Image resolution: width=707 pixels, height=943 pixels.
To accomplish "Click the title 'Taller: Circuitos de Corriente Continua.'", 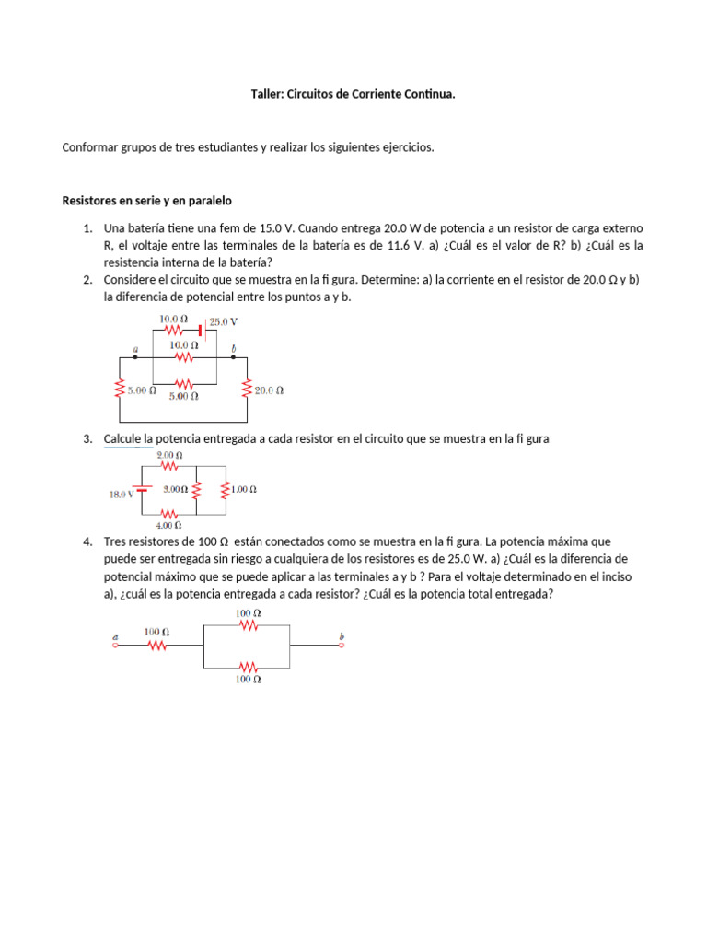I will pyautogui.click(x=353, y=94).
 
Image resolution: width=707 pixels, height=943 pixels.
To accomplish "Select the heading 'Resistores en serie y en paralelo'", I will pyautogui.click(x=146, y=200).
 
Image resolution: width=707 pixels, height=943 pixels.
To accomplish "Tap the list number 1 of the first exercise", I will pyautogui.click(x=87, y=228).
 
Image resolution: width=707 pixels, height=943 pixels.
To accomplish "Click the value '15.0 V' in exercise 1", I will pyautogui.click(x=277, y=228).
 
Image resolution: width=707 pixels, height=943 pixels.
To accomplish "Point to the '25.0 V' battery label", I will pyautogui.click(x=224, y=322).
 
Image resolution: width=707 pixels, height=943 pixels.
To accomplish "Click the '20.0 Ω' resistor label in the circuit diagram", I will pyautogui.click(x=269, y=390).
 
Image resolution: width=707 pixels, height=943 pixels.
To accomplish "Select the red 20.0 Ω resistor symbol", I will pyautogui.click(x=247, y=390).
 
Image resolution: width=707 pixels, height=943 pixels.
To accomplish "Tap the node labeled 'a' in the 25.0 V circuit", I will pyautogui.click(x=135, y=355).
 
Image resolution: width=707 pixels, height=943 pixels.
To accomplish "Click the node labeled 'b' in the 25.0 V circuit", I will pyautogui.click(x=233, y=355).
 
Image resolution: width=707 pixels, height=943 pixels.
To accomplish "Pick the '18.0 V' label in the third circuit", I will pyautogui.click(x=121, y=493).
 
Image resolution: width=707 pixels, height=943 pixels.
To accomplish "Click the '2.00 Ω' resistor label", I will pyautogui.click(x=169, y=456).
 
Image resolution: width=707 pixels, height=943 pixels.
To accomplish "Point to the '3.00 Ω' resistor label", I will pyautogui.click(x=175, y=490).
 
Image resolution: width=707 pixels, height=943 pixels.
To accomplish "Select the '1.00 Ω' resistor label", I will pyautogui.click(x=243, y=490).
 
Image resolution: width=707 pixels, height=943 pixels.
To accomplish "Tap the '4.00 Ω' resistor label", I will pyautogui.click(x=169, y=525).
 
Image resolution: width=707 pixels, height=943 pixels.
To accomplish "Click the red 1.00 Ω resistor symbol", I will pyautogui.click(x=226, y=490).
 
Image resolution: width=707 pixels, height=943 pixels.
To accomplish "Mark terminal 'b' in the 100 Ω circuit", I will pyautogui.click(x=342, y=644).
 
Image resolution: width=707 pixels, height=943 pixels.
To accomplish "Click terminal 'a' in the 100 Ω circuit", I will pyautogui.click(x=115, y=644).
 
